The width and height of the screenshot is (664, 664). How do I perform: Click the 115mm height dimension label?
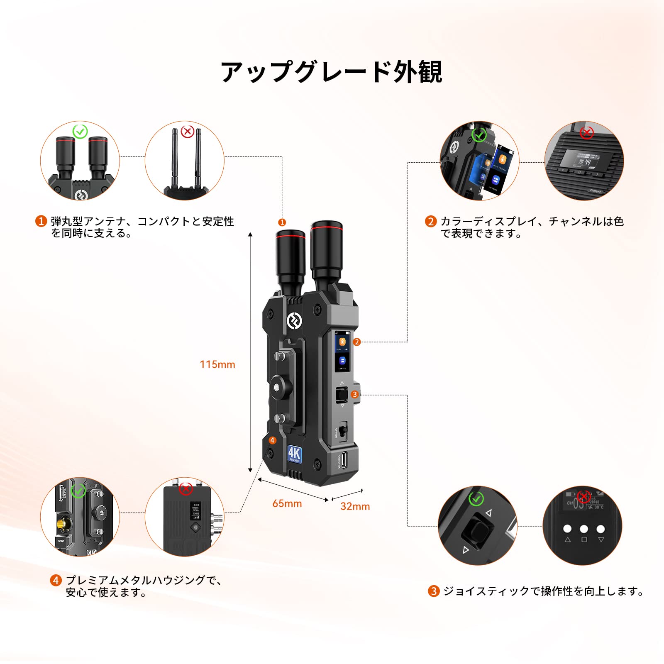217,364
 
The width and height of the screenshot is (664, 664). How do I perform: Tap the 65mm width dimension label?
287,503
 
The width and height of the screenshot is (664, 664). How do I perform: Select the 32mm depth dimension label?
355,506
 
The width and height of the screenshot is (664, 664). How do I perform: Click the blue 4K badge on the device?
295,454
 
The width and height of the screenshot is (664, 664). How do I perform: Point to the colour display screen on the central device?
342,351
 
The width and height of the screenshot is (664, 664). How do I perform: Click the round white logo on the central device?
294,321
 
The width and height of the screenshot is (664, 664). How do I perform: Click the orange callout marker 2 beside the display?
357,342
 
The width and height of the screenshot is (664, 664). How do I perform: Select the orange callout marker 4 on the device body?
273,440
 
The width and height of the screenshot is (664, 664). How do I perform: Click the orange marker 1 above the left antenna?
282,222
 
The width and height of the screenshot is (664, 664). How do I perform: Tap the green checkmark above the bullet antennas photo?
80,132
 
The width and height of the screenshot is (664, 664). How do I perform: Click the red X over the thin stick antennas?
188,132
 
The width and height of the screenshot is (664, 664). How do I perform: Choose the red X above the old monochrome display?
587,133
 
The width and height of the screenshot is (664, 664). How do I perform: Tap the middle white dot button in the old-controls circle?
584,529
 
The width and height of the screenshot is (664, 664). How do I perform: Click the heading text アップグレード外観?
332,72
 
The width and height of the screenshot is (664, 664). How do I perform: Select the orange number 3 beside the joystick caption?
434,591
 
